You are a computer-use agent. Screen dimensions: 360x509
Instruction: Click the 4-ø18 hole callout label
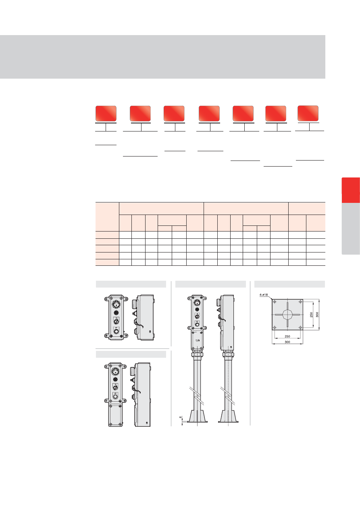pos(264,295)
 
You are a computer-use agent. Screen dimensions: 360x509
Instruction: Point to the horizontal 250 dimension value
pos(287,336)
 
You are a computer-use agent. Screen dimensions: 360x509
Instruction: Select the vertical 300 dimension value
pos(317,315)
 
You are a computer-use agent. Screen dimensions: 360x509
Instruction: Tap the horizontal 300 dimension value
pos(287,342)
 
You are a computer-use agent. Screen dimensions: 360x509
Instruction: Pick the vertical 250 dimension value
pos(311,315)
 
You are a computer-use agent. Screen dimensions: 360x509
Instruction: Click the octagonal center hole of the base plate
pos(287,315)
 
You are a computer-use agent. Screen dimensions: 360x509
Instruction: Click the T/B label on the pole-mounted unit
pos(198,340)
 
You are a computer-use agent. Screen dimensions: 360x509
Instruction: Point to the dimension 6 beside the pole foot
pos(181,417)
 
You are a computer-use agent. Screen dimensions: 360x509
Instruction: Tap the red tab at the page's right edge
pos(351,190)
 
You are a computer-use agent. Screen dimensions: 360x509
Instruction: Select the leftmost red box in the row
pos(106,113)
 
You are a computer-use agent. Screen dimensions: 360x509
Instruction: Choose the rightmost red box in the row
pos(308,113)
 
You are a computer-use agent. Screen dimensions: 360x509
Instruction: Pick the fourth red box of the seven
pos(209,113)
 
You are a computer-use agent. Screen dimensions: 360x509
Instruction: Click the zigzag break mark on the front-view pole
pos(197,396)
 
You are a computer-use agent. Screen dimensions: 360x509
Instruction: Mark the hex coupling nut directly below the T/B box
pos(197,354)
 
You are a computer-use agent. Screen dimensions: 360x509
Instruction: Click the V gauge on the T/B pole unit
pos(197,302)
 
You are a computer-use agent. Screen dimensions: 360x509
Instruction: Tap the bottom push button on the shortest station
pos(116,331)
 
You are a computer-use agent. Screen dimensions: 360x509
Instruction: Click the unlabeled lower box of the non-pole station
pos(115,415)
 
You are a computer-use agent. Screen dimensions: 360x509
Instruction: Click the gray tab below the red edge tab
pos(351,229)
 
